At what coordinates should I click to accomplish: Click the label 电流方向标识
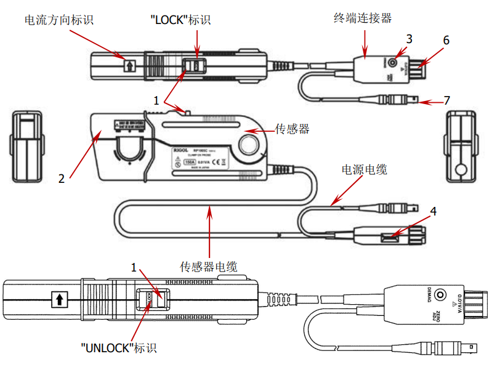(58, 20)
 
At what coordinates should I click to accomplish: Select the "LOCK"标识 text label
(180, 20)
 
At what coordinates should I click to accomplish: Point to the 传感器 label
(291, 129)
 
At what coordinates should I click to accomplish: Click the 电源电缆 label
(365, 169)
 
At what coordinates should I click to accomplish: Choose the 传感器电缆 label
(208, 267)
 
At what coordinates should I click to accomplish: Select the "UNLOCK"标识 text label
(118, 348)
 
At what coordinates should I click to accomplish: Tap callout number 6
(446, 41)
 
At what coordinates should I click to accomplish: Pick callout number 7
(448, 100)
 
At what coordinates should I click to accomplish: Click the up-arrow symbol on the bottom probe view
(59, 300)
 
